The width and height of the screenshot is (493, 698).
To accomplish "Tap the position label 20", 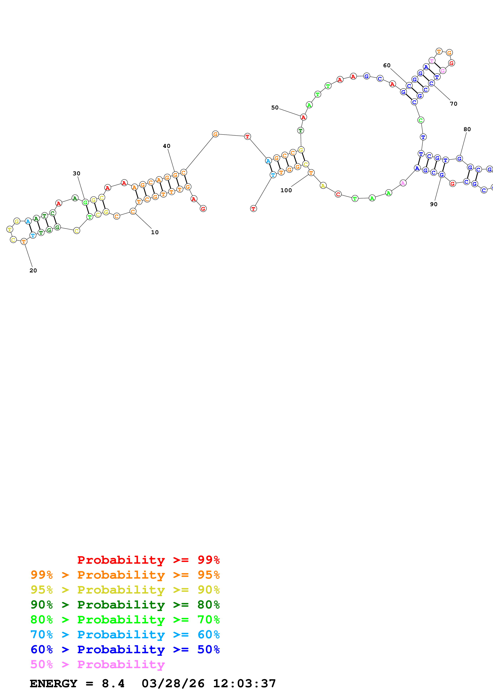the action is (x=33, y=271).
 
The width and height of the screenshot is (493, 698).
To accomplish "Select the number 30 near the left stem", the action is (x=77, y=174).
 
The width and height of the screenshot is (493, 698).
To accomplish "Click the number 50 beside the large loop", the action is (x=275, y=108).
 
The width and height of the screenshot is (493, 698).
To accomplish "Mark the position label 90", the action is (x=434, y=205).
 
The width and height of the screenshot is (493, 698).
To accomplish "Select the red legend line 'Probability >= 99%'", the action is (x=148, y=560).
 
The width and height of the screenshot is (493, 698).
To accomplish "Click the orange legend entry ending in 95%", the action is (x=125, y=575).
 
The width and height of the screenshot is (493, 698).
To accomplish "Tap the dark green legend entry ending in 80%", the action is (x=125, y=605).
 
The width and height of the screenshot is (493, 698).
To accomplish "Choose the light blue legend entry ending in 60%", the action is (x=125, y=635).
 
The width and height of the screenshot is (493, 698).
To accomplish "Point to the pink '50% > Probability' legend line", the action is (x=97, y=664).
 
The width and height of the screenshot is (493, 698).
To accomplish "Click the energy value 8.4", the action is (x=113, y=684).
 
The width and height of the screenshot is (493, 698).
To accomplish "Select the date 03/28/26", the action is (x=173, y=684).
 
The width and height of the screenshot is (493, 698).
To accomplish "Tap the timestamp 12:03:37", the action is (x=244, y=684).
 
